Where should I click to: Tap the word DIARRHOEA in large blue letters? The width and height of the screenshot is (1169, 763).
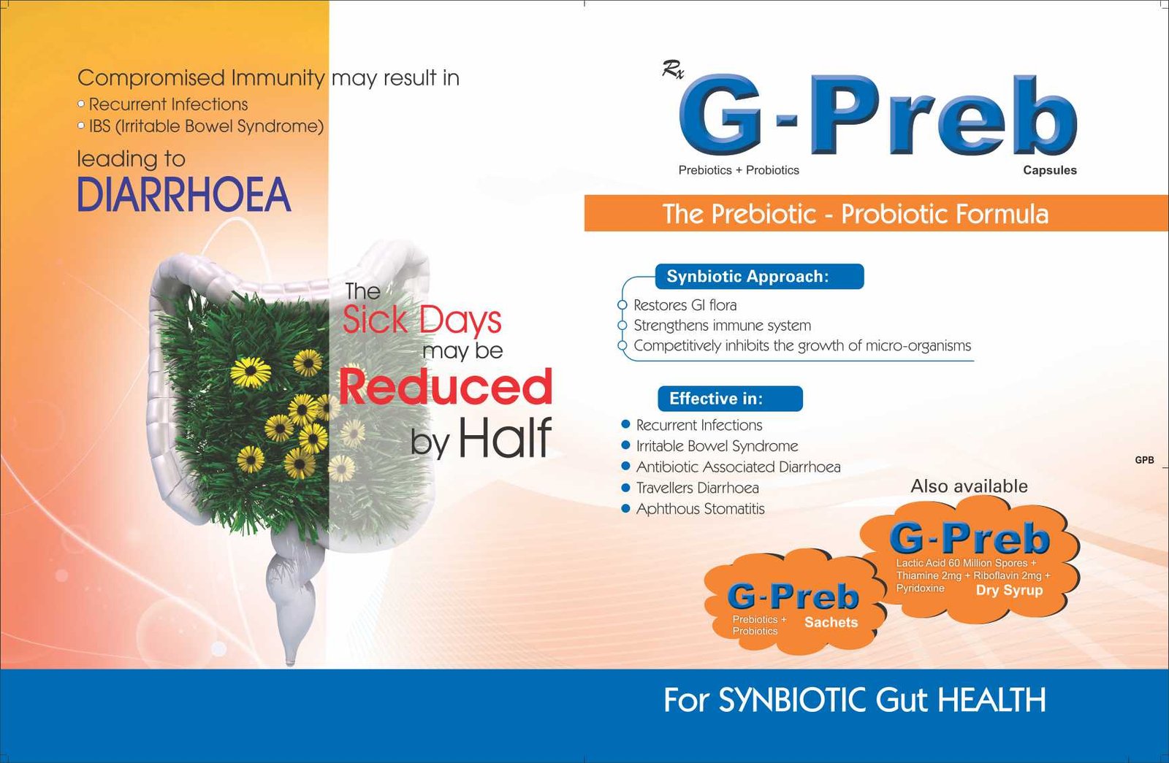tap(183, 194)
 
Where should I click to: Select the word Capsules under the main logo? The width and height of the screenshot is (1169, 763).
tap(1049, 170)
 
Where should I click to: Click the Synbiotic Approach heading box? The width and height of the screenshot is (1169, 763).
tap(759, 277)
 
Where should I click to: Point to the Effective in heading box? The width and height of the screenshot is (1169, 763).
tap(730, 399)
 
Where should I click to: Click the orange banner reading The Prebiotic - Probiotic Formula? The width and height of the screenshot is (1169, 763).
tap(876, 213)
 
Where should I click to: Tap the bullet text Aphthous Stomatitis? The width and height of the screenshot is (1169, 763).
tap(701, 508)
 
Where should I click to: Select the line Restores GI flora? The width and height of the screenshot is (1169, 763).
tap(685, 305)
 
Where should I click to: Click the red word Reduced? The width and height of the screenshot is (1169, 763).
tap(445, 386)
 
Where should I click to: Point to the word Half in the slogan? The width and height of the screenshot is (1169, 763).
tap(505, 438)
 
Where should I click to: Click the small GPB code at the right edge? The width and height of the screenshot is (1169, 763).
tap(1144, 460)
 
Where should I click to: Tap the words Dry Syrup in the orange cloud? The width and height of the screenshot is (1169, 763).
tap(1009, 591)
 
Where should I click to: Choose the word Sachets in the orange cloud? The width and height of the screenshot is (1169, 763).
tap(831, 622)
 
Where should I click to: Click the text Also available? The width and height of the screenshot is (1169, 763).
tap(969, 486)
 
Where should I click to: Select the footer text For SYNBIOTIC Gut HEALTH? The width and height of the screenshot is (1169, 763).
tap(854, 699)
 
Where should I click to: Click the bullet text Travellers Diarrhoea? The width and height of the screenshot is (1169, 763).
tap(697, 488)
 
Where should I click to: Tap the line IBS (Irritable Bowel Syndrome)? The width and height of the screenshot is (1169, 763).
tap(206, 127)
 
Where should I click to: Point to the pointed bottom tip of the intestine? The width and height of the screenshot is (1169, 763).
tap(291, 664)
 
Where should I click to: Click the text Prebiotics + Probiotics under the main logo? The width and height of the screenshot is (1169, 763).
tap(739, 170)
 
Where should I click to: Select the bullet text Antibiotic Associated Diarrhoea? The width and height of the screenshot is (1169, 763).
tap(738, 467)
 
